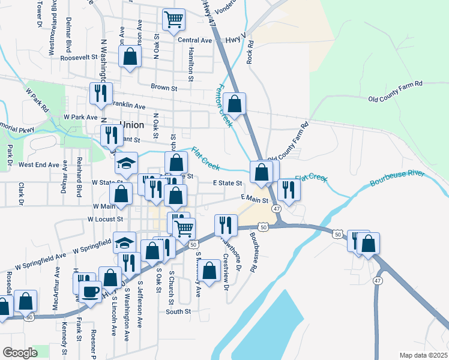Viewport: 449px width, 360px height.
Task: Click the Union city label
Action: tap(132, 125)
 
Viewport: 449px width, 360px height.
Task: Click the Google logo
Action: tap(20, 353)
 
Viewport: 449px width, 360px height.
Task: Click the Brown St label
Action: tap(164, 88)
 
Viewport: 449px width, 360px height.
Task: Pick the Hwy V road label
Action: tap(237, 39)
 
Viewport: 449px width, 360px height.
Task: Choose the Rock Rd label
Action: tap(251, 52)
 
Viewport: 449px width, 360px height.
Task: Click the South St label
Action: tap(178, 311)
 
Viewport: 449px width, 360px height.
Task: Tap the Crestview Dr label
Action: tap(226, 271)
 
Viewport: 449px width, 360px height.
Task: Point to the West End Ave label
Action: tap(39, 164)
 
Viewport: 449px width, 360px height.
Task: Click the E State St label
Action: tap(227, 183)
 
